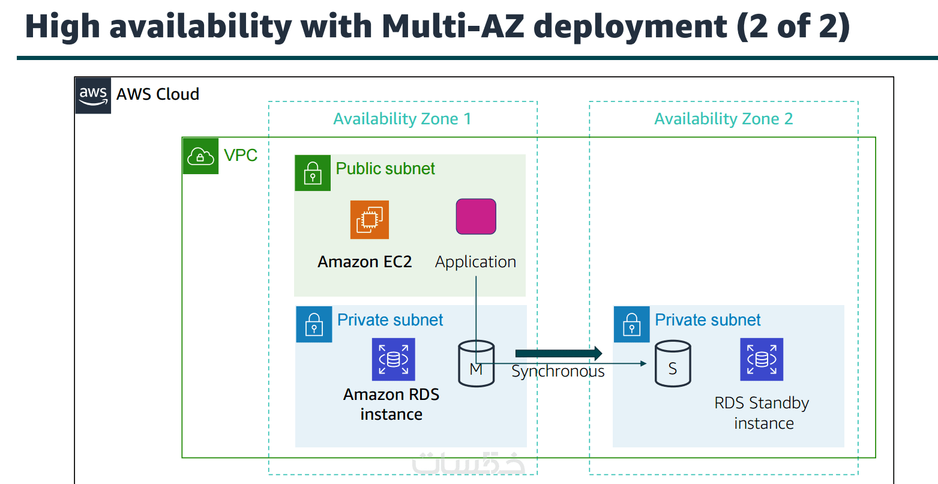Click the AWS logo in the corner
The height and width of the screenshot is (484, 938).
coord(93,95)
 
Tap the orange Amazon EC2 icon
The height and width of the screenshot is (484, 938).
coord(370,220)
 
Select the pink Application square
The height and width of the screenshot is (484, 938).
coord(476,216)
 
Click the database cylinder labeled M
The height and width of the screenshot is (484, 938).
coord(477,363)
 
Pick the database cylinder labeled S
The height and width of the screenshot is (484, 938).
coord(672,363)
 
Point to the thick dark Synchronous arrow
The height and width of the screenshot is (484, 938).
coord(558,353)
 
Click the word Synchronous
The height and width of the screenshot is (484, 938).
coord(558,372)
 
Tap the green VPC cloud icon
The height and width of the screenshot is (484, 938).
coord(200,156)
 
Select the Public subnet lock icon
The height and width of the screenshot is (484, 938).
coord(313,173)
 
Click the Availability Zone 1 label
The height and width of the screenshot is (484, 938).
coord(402,119)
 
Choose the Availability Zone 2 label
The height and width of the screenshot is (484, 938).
coord(723,119)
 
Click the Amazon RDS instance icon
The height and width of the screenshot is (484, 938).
coord(394,359)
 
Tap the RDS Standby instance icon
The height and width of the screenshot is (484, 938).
coord(762,359)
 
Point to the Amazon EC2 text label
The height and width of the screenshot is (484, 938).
coord(365,262)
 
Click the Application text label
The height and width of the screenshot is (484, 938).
coord(475,262)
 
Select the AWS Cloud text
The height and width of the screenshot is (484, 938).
coord(158,94)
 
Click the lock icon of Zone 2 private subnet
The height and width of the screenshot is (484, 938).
coord(631,324)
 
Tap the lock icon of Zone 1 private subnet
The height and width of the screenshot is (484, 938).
coord(314,324)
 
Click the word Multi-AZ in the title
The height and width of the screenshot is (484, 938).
coord(453,26)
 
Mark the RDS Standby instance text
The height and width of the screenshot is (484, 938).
coord(762,413)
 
